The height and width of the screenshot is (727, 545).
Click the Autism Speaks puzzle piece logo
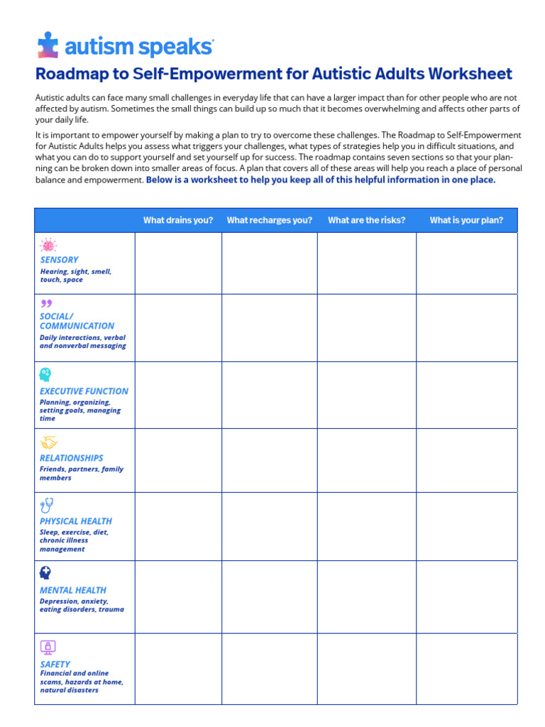[x=48, y=45]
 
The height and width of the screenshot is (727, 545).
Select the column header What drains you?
[x=178, y=220]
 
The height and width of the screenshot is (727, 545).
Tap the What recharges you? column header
[x=269, y=220]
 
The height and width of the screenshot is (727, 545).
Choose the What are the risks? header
[x=366, y=220]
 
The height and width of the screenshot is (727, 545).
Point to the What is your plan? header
[x=466, y=220]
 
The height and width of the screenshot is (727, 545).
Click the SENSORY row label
[x=60, y=260]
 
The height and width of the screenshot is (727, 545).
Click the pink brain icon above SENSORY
[x=48, y=245]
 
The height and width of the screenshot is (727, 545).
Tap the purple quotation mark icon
[x=47, y=304]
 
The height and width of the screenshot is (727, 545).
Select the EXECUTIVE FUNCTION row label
[x=84, y=391]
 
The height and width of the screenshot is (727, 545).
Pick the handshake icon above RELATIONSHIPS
[x=48, y=442]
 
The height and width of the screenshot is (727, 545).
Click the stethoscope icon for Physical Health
[x=47, y=505]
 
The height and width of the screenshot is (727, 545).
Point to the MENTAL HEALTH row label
[x=73, y=590]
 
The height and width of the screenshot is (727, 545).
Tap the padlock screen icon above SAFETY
[x=48, y=647]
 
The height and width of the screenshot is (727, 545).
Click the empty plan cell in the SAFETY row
[x=466, y=669]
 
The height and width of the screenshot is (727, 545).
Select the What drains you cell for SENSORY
[x=178, y=263]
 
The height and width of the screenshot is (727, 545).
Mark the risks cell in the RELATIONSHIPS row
[x=366, y=460]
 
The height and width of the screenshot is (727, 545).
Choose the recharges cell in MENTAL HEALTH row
[x=269, y=597]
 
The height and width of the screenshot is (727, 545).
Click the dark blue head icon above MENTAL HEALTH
[x=45, y=573]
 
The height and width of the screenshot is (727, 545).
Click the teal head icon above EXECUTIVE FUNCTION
[x=45, y=375]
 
